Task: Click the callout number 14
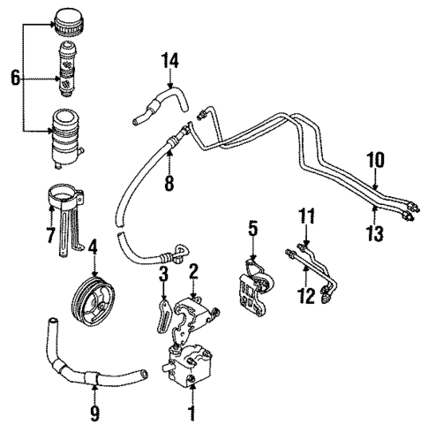click(169, 60)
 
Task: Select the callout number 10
click(375, 160)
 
